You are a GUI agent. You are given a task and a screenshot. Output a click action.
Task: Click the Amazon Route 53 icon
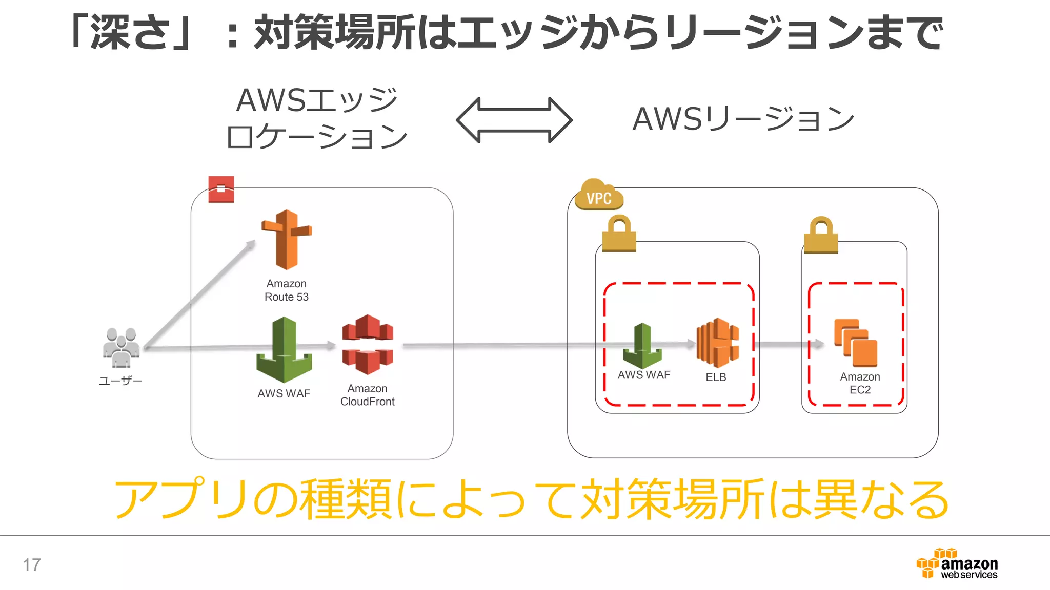(x=286, y=240)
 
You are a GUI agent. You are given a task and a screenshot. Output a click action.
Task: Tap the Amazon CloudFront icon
(x=368, y=345)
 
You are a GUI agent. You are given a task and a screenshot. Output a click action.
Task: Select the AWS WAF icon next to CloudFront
(x=284, y=350)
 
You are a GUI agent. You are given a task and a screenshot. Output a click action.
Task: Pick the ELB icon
(x=717, y=343)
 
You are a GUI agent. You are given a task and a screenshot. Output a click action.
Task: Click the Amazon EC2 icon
(x=856, y=343)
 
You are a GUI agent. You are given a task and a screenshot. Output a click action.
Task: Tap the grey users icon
(x=121, y=348)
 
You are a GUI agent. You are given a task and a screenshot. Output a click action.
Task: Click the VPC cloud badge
(x=599, y=195)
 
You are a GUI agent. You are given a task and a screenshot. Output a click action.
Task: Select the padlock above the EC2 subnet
(x=821, y=235)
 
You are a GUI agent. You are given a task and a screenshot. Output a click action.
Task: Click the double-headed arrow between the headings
(x=514, y=120)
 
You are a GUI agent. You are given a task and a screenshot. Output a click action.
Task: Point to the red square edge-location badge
(x=221, y=189)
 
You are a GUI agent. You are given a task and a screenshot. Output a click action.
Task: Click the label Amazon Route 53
(x=286, y=290)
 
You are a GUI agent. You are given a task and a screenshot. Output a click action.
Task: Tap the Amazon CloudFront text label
(x=367, y=395)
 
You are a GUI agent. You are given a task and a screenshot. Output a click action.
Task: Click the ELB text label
(x=716, y=377)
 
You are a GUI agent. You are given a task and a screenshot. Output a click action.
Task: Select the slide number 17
(x=32, y=565)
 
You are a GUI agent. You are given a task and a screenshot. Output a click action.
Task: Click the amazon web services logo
(x=957, y=564)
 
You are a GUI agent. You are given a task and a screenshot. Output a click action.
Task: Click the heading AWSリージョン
(x=743, y=119)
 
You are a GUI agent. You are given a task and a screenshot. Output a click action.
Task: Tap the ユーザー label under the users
(x=120, y=381)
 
